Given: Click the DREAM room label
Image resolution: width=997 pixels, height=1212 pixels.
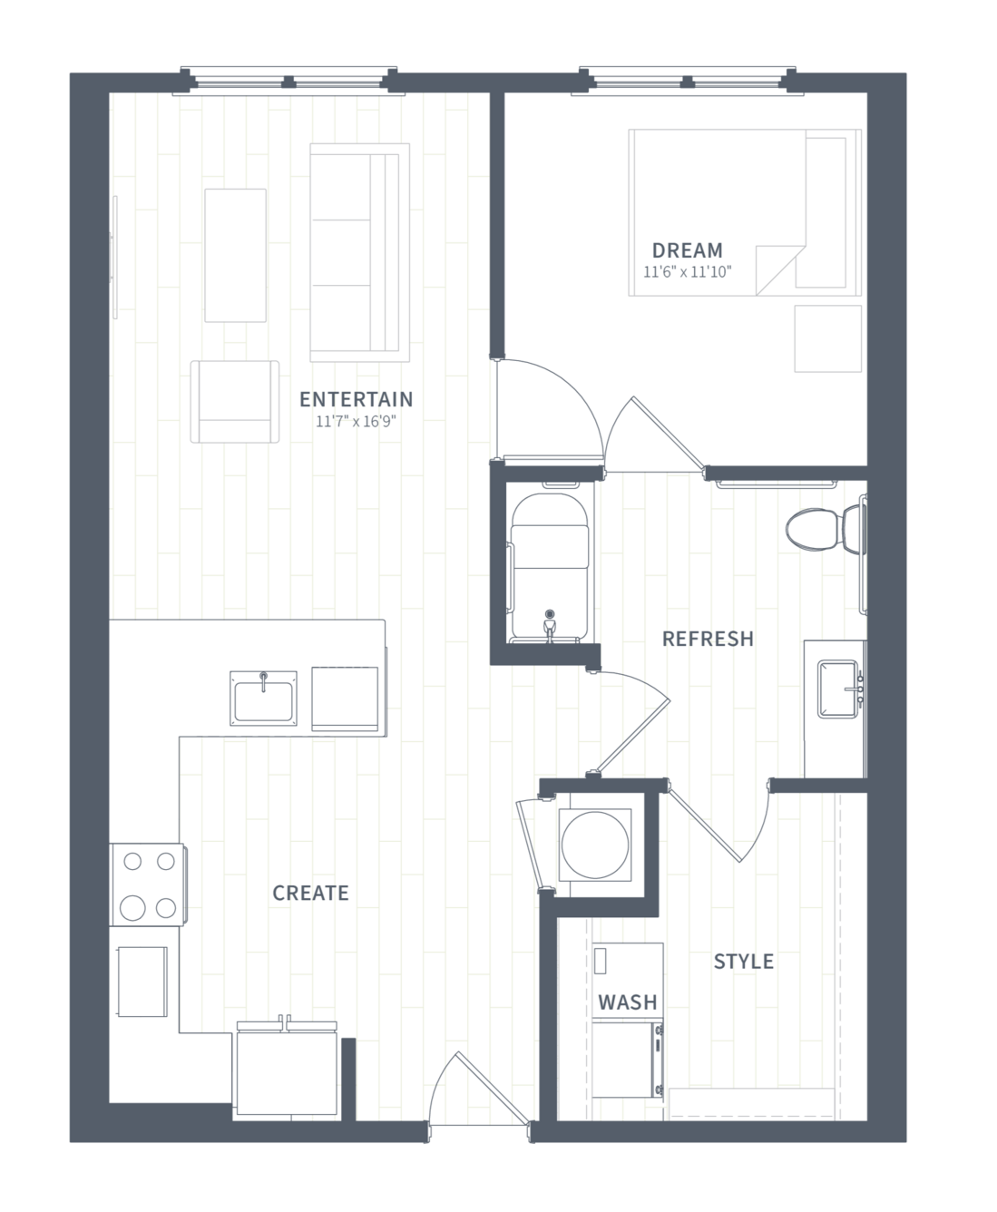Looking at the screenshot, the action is [x=688, y=250].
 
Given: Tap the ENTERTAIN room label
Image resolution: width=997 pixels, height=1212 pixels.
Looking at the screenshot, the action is [x=357, y=399].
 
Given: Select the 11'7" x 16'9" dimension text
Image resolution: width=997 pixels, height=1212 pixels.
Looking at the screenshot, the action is [x=357, y=422].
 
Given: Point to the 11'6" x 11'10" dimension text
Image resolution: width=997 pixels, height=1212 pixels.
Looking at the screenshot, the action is [x=688, y=272].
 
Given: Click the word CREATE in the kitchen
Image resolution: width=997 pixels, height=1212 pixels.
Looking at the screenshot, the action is [x=310, y=893].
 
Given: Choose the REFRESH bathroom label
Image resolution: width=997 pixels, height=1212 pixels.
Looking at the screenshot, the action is [x=708, y=639].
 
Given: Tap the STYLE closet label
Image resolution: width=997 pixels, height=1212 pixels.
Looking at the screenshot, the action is [x=744, y=961].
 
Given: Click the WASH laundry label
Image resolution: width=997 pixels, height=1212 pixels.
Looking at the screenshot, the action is [x=628, y=1002].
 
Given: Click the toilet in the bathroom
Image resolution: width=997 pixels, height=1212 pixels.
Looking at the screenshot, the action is [x=826, y=529].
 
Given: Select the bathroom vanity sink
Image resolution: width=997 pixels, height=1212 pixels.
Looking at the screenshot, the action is [x=839, y=689].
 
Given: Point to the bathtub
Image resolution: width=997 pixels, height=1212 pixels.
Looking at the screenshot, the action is [x=550, y=567].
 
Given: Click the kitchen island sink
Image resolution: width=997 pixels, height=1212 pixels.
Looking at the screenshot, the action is [x=263, y=699].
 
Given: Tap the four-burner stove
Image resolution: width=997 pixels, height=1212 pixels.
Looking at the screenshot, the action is [x=148, y=885].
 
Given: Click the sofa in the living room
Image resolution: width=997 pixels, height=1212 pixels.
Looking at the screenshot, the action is [x=360, y=253].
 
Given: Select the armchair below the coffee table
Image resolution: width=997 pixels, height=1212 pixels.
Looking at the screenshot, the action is [x=234, y=402].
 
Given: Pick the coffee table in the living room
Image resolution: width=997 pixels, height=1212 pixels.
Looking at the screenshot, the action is [x=236, y=255].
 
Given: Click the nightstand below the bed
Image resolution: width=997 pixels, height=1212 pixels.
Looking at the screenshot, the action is [x=828, y=338].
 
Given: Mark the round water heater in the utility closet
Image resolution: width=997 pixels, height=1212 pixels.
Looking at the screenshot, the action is [x=595, y=845].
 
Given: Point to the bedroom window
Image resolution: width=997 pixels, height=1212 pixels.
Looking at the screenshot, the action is [x=688, y=81].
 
